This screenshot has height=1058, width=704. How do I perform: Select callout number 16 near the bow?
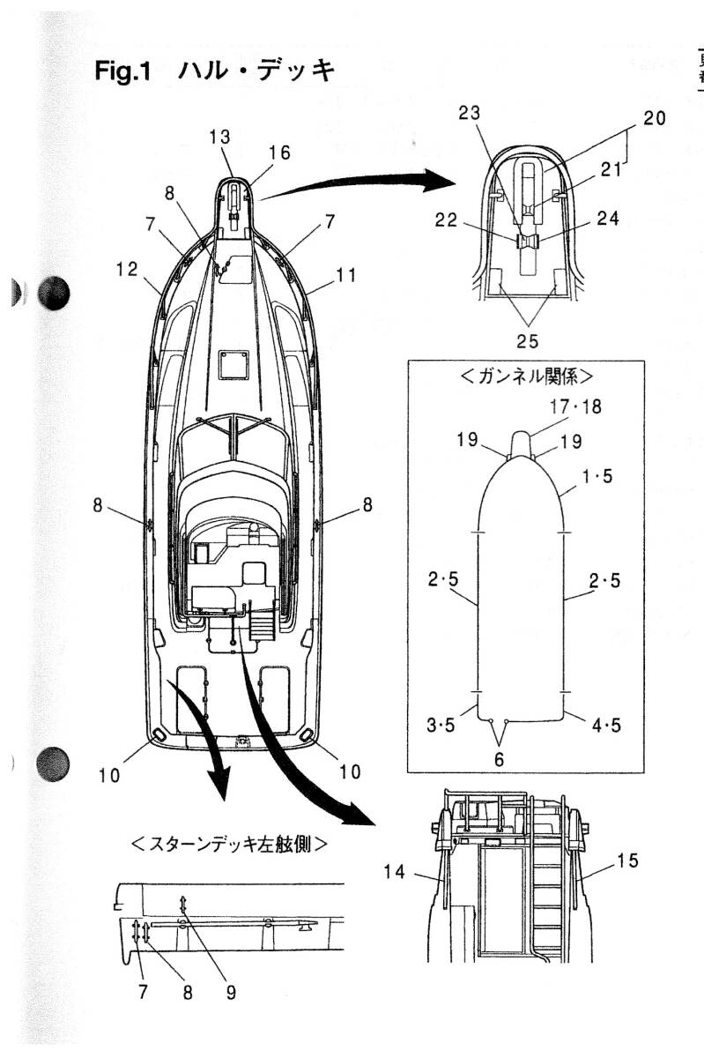pyautogui.click(x=279, y=153)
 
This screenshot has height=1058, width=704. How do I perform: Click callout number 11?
pyautogui.click(x=346, y=275)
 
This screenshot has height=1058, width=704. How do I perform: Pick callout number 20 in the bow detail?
pyautogui.click(x=654, y=118)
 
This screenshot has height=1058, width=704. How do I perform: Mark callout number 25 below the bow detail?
pyautogui.click(x=527, y=339)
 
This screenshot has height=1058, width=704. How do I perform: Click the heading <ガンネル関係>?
pyautogui.click(x=526, y=375)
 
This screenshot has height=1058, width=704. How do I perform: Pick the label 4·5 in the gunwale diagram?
pyautogui.click(x=605, y=726)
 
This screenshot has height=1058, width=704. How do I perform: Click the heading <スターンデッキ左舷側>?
pyautogui.click(x=229, y=844)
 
